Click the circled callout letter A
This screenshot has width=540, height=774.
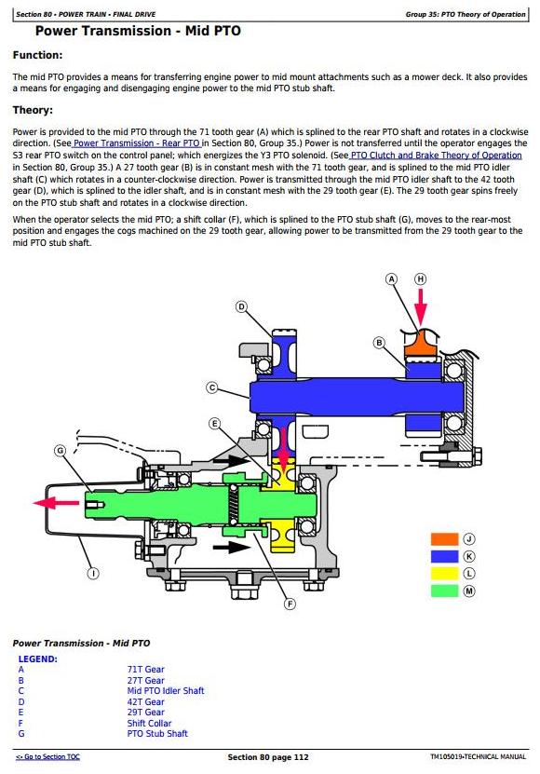coord(391,279)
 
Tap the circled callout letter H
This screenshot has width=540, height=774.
coord(421,279)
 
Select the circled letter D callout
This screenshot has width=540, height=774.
coord(241,307)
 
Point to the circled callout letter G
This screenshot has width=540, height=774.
coord(60,451)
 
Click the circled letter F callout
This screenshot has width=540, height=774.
coord(290,604)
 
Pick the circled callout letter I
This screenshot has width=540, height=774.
coord(93,573)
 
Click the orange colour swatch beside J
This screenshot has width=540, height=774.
coord(445,539)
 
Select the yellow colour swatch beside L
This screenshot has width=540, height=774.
coord(445,574)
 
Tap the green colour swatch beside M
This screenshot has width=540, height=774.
coord(445,591)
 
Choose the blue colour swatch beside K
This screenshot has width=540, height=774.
coord(445,556)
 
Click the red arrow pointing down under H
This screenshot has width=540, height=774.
coord(421,307)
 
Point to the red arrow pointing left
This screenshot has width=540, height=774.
coord(56,503)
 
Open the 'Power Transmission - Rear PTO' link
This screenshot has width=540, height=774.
coord(136,143)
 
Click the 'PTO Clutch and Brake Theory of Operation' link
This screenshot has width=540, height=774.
coord(436,156)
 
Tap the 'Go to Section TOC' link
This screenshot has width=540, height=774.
coord(47,756)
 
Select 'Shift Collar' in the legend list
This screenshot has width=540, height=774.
coord(149,723)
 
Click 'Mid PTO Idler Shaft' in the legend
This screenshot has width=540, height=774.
coord(166,691)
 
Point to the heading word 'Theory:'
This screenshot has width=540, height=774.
coord(33,110)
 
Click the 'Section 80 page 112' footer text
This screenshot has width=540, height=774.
coord(268,757)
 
